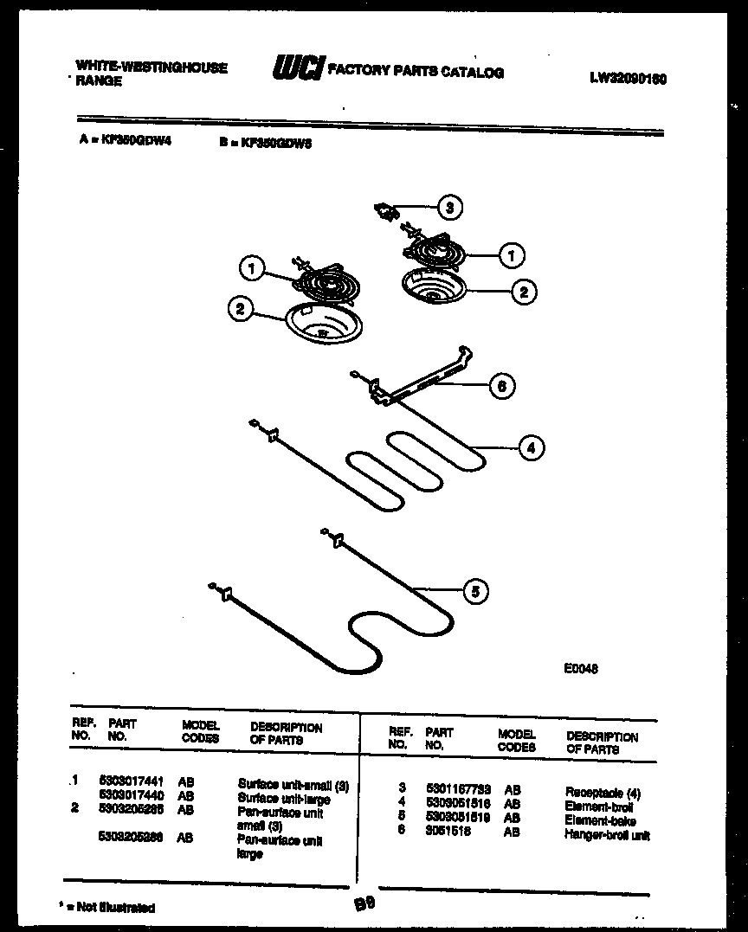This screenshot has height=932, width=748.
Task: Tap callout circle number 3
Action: tap(448, 208)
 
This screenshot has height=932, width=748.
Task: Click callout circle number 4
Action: tap(531, 447)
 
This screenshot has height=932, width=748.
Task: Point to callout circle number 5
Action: tap(474, 592)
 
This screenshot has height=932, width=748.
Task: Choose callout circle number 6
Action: tap(500, 386)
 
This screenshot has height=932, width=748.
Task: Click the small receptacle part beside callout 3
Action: tap(387, 209)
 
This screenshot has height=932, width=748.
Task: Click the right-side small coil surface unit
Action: tap(431, 252)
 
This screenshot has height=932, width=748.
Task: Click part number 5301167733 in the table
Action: tap(458, 789)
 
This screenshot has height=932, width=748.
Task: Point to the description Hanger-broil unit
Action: tap(607, 835)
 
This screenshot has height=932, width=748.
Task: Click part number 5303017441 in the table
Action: tap(132, 781)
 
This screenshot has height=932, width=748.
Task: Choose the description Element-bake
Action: tap(600, 820)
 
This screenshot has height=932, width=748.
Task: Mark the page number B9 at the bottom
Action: tap(363, 904)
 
